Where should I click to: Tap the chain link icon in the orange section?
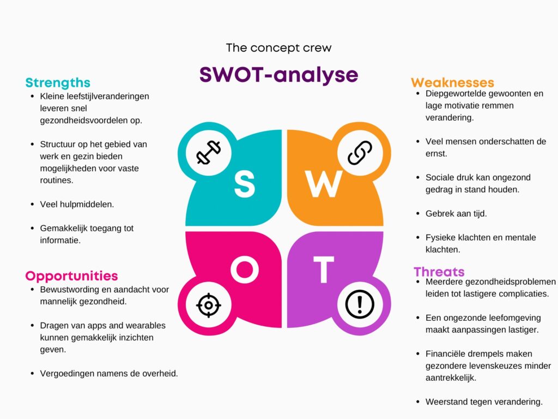pyautogui.click(x=359, y=152)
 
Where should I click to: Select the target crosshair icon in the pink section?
pyautogui.click(x=208, y=304)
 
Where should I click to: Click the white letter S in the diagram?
pyautogui.click(x=245, y=184)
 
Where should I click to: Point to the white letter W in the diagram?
pyautogui.click(x=324, y=184)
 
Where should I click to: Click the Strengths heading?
pyautogui.click(x=58, y=83)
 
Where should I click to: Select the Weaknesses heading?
pyautogui.click(x=452, y=83)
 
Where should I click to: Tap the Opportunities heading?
pyautogui.click(x=71, y=276)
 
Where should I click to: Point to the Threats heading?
pyautogui.click(x=439, y=272)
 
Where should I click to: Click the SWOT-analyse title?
pyautogui.click(x=278, y=75)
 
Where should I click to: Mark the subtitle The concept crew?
pyautogui.click(x=278, y=47)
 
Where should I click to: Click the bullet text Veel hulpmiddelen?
pyautogui.click(x=77, y=204)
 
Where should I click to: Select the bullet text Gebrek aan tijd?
pyautogui.click(x=456, y=213)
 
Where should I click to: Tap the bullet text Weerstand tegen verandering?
pyautogui.click(x=484, y=402)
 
